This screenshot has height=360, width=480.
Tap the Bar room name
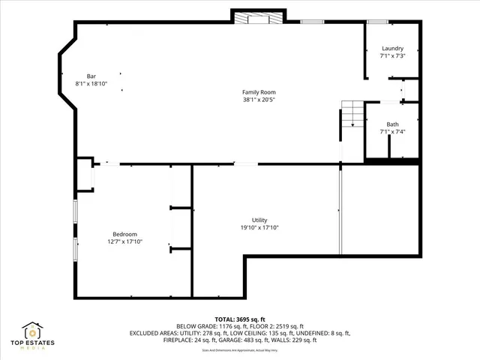(x=91, y=76)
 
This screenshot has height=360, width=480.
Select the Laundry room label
(x=392, y=49)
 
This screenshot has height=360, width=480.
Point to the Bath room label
(x=392, y=124)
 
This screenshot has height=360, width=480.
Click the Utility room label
(x=259, y=220)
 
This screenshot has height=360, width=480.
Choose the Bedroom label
(x=124, y=234)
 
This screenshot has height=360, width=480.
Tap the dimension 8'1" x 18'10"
(x=91, y=83)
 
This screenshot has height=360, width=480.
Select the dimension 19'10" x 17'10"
(x=259, y=227)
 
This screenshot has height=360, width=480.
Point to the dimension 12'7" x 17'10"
(x=124, y=241)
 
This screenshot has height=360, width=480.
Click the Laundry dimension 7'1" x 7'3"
(x=392, y=56)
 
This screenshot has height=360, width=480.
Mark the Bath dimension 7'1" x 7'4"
(x=392, y=132)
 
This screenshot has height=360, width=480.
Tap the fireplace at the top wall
(x=258, y=18)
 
